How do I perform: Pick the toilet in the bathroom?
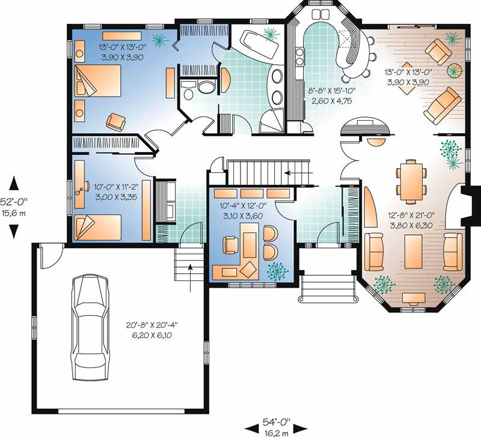pos(206,86)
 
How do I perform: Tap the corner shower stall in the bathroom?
pos(272,121)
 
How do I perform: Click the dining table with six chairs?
pos(411,182)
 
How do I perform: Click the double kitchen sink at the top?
pos(320,14)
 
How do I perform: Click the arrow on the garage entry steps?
pos(191,278)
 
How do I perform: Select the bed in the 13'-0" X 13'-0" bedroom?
pos(98,81)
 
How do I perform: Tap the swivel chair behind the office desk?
pos(230,245)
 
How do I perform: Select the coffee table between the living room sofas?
pos(413,251)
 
